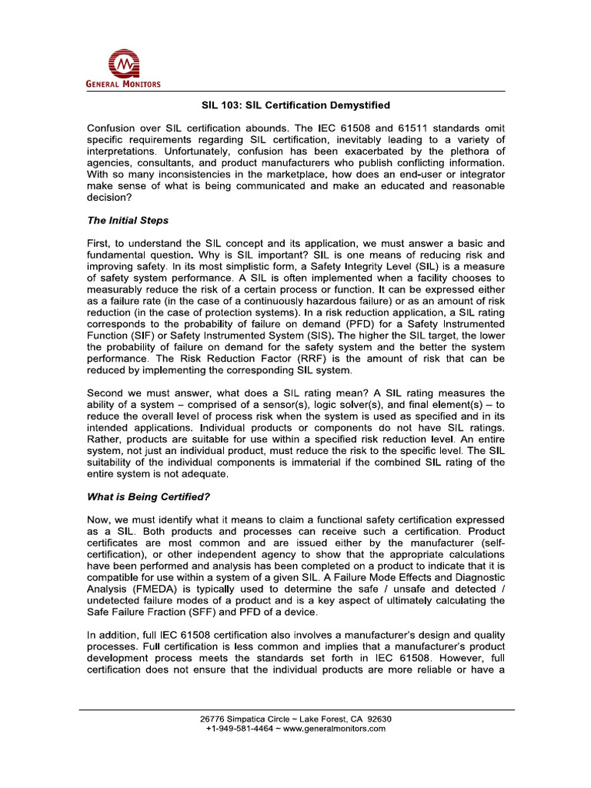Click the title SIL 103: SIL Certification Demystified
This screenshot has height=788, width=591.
(x=295, y=105)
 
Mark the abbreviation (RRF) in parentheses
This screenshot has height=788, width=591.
(x=319, y=359)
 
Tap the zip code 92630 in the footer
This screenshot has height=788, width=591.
(x=377, y=719)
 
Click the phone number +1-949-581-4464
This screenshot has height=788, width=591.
(x=239, y=729)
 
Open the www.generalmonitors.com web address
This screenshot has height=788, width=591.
(x=334, y=729)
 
